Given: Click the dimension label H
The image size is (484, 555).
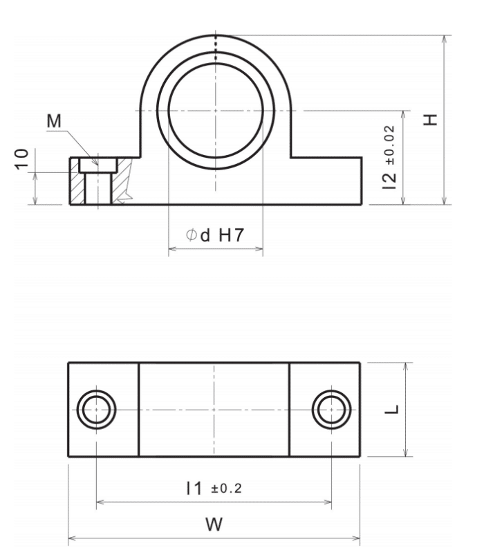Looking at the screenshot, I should (431, 120).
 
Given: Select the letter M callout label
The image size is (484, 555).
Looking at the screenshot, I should (53, 121).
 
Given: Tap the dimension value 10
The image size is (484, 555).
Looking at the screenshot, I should (22, 158).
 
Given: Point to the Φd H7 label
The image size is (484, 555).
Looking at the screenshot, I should (215, 235).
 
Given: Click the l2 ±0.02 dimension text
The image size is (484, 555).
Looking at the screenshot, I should (392, 158).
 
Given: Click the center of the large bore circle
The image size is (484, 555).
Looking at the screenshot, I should (215, 111).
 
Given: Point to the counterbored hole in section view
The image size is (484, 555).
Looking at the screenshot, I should (96, 181).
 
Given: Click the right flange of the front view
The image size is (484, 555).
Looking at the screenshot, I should (325, 181).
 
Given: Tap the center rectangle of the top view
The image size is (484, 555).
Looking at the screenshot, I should (214, 410).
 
